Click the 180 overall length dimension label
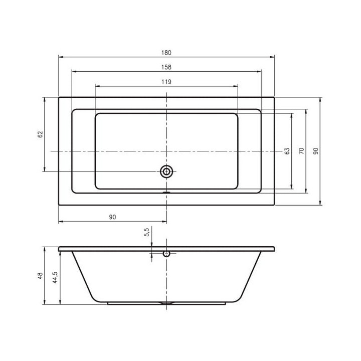tap(167, 52)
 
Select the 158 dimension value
tap(167, 67)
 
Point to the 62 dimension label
tap(41, 134)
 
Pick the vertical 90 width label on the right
tap(316, 150)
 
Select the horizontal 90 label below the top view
tap(112, 217)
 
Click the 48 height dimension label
tap(41, 275)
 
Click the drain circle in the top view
tap(166, 171)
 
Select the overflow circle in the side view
tap(166, 254)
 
